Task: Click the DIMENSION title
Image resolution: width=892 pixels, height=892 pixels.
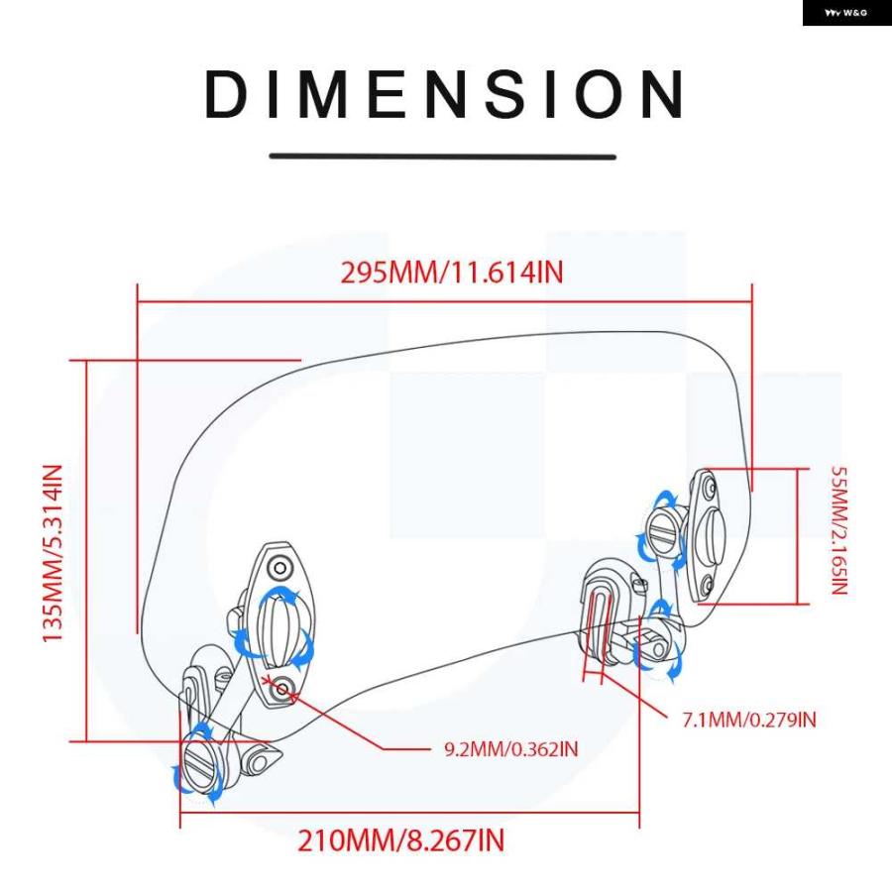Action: [444, 94]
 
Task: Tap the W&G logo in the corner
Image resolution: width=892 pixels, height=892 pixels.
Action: [846, 13]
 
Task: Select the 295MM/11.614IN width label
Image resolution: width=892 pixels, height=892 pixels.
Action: [452, 272]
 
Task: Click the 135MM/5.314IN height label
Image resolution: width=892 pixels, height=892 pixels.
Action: [53, 553]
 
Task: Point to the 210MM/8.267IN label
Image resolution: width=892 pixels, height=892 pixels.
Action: [401, 840]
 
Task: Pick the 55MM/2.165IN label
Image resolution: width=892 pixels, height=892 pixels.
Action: [839, 530]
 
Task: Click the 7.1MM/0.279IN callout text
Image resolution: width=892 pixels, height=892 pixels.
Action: [749, 720]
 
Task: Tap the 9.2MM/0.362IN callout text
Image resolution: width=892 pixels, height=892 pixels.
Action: [510, 748]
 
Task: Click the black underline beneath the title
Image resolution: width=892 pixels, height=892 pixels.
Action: [443, 156]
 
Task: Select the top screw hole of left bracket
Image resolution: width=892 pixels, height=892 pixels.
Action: [279, 568]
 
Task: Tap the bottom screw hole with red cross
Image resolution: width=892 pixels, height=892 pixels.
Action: [283, 690]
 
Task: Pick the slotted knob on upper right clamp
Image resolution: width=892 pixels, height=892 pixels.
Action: [663, 532]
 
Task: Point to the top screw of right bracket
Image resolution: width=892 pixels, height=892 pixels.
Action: [709, 487]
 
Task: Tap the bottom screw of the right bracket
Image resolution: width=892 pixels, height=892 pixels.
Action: [707, 584]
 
